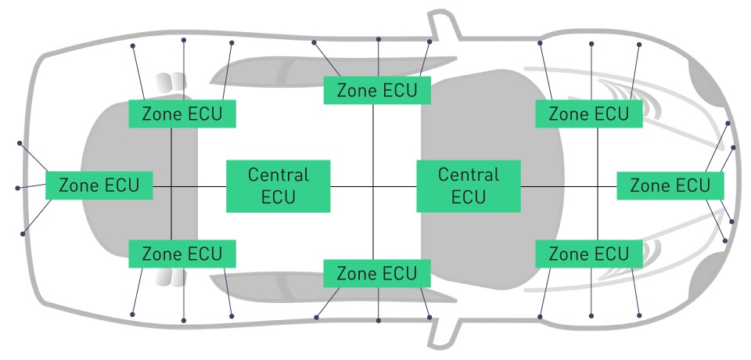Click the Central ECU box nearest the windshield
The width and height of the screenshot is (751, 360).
tap(469, 186)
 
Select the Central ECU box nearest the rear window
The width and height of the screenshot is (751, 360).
tap(278, 186)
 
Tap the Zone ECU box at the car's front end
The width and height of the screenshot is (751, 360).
tap(670, 185)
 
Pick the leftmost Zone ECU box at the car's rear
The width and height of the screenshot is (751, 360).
tap(99, 185)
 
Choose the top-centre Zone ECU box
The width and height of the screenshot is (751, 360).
tap(377, 90)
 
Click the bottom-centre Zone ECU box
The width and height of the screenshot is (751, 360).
tap(377, 273)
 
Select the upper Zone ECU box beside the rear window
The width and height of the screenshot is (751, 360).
tap(182, 113)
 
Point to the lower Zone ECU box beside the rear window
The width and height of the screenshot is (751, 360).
tap(182, 254)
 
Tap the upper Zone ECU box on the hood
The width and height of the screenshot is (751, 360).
tap(588, 113)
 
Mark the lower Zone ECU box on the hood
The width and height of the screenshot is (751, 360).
tap(588, 254)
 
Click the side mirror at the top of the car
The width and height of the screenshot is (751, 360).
tap(444, 25)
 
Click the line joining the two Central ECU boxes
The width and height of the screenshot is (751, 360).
tap(373, 186)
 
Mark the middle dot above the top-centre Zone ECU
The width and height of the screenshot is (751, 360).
tap(379, 39)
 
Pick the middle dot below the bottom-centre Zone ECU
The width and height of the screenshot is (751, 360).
tap(379, 320)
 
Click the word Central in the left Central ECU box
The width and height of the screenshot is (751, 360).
tap(278, 175)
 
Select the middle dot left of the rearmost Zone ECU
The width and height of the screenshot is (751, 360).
tap(18, 189)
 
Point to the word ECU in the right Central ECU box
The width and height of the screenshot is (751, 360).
tap(469, 197)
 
